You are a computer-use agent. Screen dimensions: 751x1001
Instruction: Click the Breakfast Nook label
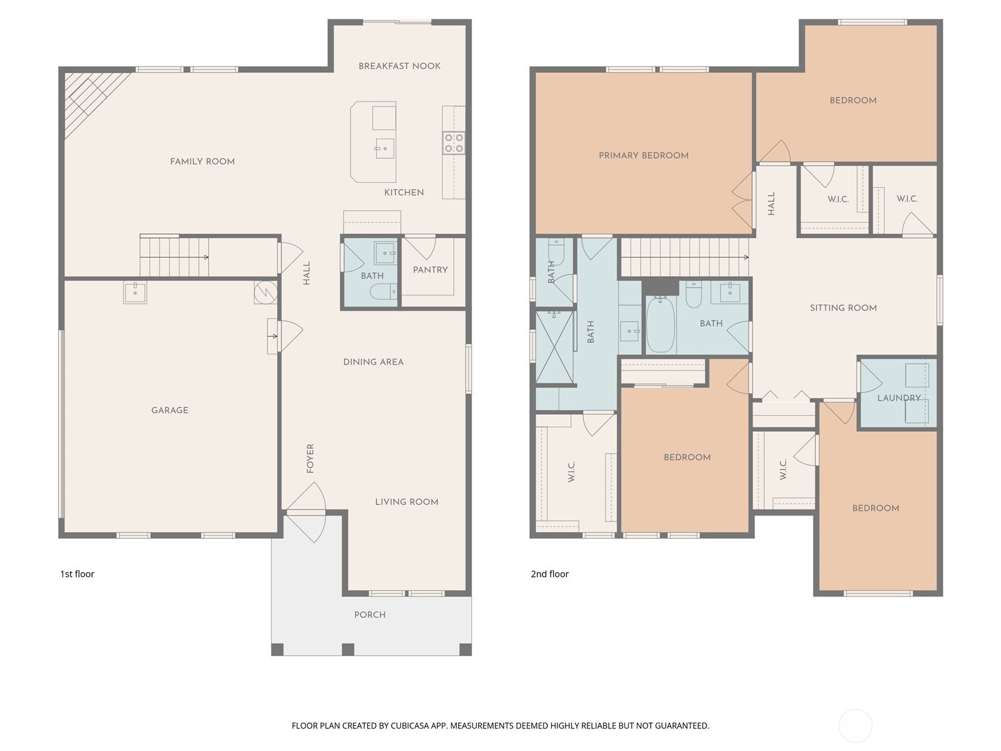tap(399, 66)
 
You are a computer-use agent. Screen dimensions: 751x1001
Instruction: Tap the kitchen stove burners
tap(454, 143)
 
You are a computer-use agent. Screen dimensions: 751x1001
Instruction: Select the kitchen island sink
tap(385, 149)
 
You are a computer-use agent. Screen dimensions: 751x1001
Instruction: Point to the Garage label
tap(170, 411)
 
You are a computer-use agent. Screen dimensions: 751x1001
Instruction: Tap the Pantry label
tap(430, 270)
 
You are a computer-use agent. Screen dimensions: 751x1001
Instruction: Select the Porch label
tap(370, 615)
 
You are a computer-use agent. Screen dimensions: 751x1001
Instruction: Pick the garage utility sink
tap(135, 292)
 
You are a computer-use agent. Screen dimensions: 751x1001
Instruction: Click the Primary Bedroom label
tap(643, 155)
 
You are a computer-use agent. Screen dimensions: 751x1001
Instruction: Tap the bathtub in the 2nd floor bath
tap(660, 325)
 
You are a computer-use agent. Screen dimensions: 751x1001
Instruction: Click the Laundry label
tap(898, 398)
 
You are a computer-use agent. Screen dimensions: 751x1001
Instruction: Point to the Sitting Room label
tap(843, 308)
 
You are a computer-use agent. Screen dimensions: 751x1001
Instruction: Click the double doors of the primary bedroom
tap(743, 200)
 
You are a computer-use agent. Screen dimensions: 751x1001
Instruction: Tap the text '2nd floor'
tap(549, 574)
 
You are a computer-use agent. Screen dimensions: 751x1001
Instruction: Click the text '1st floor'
tap(77, 574)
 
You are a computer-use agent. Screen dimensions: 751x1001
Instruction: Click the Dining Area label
tap(373, 362)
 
